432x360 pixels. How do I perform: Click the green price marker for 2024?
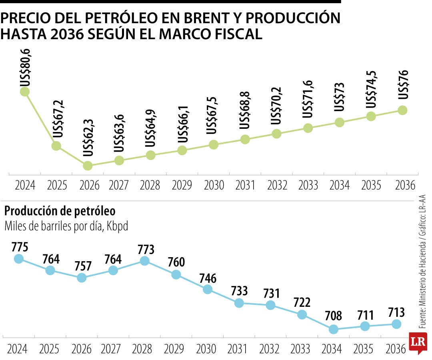(25, 92)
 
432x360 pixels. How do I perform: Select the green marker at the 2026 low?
(88, 165)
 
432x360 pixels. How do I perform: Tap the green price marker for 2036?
(402, 110)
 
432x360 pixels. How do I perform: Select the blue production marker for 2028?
(144, 261)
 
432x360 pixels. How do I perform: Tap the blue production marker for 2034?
(333, 329)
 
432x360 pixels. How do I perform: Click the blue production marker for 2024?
(19, 258)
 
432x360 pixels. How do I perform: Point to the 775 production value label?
(20, 246)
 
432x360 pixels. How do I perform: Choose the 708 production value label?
(334, 316)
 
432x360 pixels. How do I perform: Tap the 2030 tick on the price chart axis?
(214, 186)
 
